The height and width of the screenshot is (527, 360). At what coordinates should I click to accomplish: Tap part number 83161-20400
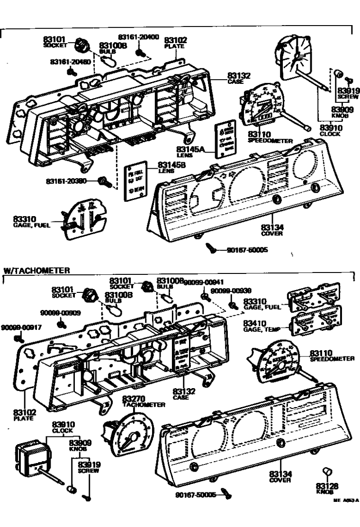point(138,37)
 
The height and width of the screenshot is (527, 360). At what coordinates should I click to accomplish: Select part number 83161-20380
point(71,181)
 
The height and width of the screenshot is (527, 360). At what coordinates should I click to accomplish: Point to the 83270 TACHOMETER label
point(144,401)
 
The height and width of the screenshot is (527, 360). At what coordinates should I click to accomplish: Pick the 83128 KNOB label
point(325,488)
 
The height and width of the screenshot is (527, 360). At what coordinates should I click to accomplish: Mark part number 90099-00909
point(60,313)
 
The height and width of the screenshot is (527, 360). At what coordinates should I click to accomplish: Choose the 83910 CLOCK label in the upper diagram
point(330,130)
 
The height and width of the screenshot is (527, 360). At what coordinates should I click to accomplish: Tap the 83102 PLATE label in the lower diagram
point(20,416)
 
